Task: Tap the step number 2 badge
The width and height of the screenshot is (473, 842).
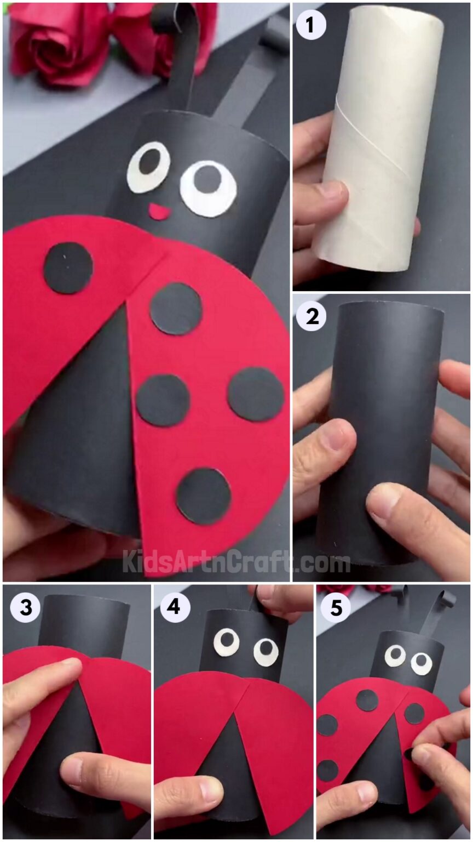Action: pyautogui.click(x=312, y=316)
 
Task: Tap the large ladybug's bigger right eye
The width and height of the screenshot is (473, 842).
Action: pyautogui.click(x=209, y=188)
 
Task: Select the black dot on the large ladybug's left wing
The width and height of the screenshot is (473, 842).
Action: pyautogui.click(x=68, y=268)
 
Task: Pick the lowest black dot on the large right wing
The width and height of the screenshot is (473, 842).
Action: pyautogui.click(x=204, y=496)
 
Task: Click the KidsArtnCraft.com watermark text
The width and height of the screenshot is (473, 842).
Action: pyautogui.click(x=235, y=562)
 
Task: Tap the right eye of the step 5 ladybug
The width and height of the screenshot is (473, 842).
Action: pyautogui.click(x=422, y=663)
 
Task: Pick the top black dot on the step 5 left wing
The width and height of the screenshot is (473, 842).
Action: pyautogui.click(x=367, y=701)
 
